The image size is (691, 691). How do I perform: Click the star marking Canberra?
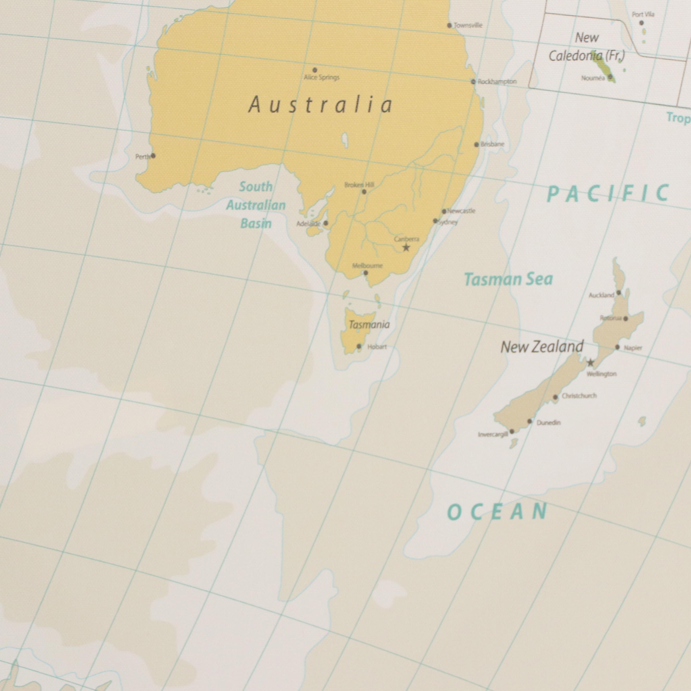(x=406, y=247)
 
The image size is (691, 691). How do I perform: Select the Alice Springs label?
(x=322, y=77)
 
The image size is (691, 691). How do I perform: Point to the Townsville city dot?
(x=450, y=25)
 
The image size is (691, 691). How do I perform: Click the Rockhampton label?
(x=497, y=81)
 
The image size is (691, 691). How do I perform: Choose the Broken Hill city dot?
(x=364, y=192)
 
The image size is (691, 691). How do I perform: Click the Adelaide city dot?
(x=325, y=223)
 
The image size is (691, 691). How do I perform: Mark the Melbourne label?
(x=367, y=266)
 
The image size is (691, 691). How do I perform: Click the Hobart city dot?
(x=359, y=346)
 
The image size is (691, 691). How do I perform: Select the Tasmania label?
(x=369, y=325)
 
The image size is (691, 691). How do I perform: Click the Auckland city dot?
(x=619, y=293)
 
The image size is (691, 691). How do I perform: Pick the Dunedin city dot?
(x=530, y=421)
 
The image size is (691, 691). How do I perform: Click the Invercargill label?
(x=493, y=434)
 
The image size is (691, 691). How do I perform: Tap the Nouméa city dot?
(x=610, y=77)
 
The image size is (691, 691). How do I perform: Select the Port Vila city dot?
(x=641, y=23)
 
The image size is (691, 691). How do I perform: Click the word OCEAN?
(x=497, y=512)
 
